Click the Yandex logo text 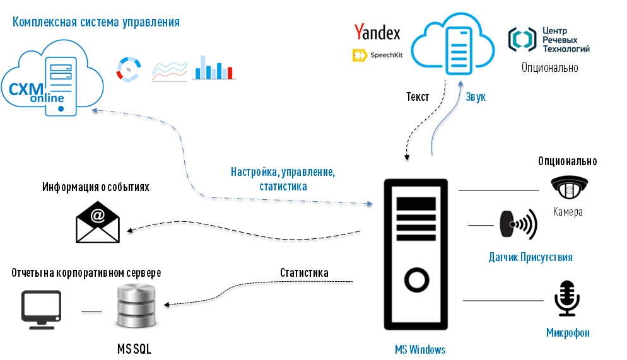click(x=377, y=32)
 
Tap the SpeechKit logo click(x=377, y=55)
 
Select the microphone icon click(x=566, y=298)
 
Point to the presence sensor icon click(x=519, y=224)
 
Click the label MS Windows click(x=419, y=349)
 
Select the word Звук click(x=476, y=97)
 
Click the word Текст click(x=418, y=97)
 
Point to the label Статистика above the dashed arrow click(x=304, y=273)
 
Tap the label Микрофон click(x=568, y=333)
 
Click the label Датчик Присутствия click(x=530, y=257)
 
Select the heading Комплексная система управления click(x=96, y=23)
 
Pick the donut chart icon click(x=129, y=69)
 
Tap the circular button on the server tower click(x=416, y=279)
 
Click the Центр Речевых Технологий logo click(x=549, y=39)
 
